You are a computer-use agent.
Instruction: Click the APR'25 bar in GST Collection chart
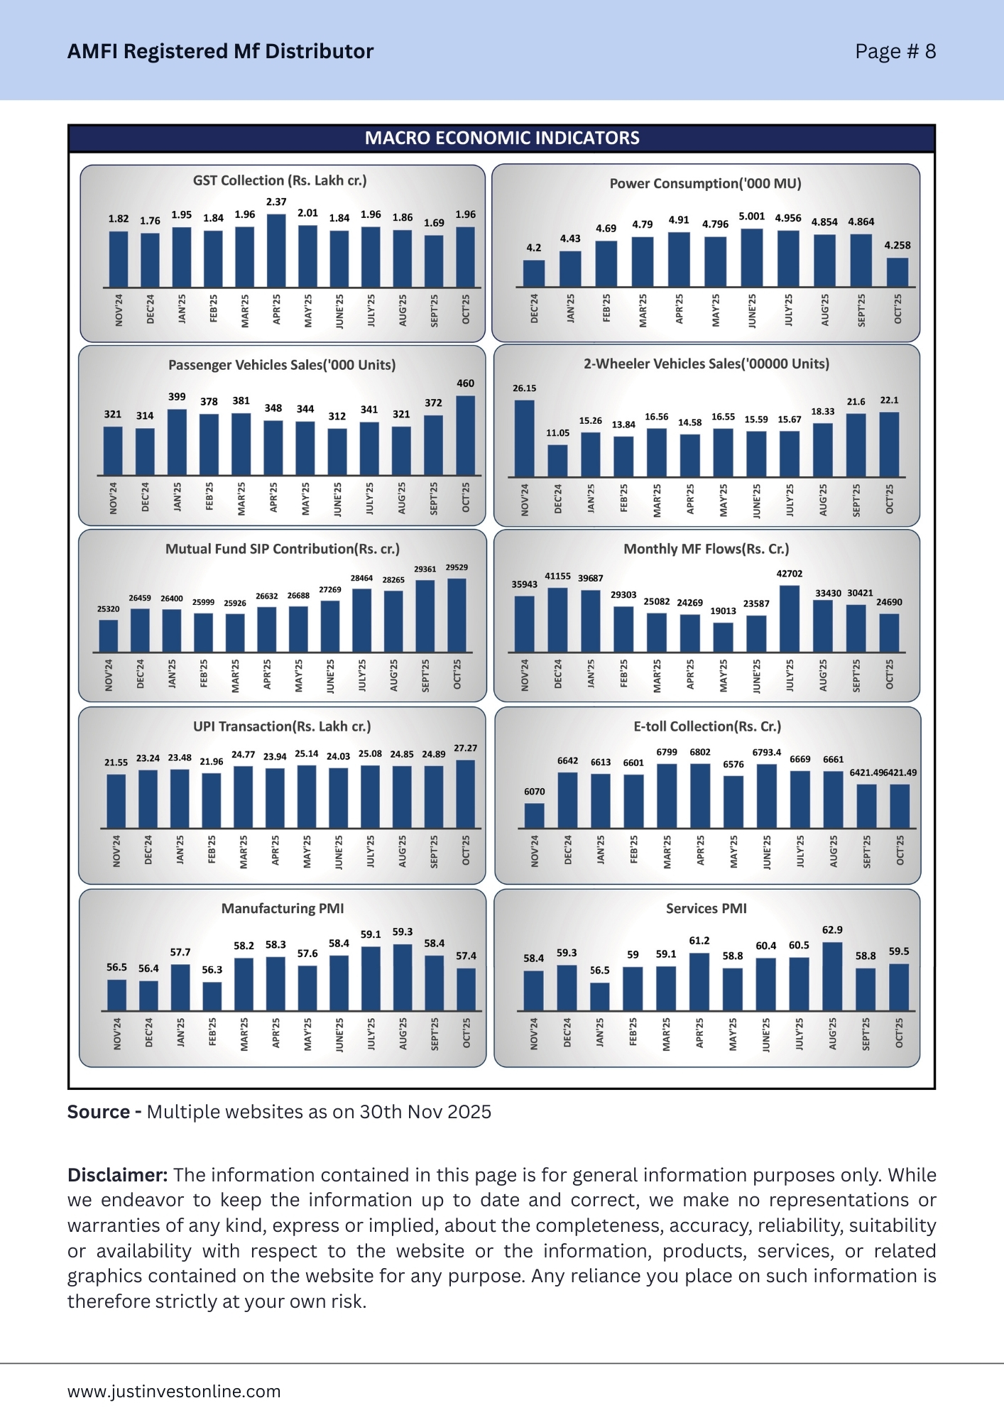click(276, 251)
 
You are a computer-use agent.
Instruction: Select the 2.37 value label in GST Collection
click(276, 202)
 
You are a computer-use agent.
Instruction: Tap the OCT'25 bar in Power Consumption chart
click(897, 273)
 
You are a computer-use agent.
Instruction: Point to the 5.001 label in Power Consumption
click(752, 217)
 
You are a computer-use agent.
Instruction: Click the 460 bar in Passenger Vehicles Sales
click(465, 435)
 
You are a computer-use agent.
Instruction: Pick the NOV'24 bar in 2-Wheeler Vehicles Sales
click(525, 438)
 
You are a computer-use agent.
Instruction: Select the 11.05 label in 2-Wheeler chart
click(557, 433)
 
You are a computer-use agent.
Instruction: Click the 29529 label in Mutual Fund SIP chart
click(457, 568)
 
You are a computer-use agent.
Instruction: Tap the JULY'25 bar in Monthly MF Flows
click(790, 618)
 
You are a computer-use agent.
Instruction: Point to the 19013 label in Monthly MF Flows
click(723, 611)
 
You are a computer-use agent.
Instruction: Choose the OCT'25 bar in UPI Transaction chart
click(466, 794)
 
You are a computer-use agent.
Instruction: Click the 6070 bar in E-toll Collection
click(535, 816)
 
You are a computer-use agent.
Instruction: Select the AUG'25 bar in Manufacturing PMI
click(403, 977)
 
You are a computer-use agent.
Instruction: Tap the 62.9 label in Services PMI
click(832, 930)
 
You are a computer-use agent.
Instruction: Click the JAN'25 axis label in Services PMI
click(600, 1033)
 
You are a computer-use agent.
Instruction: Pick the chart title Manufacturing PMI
click(283, 909)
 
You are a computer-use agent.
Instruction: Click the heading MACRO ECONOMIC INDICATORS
click(502, 138)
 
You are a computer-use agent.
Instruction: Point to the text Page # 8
click(895, 52)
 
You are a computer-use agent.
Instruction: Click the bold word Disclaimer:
click(117, 1175)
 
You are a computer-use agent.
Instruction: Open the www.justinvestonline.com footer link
click(174, 1392)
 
